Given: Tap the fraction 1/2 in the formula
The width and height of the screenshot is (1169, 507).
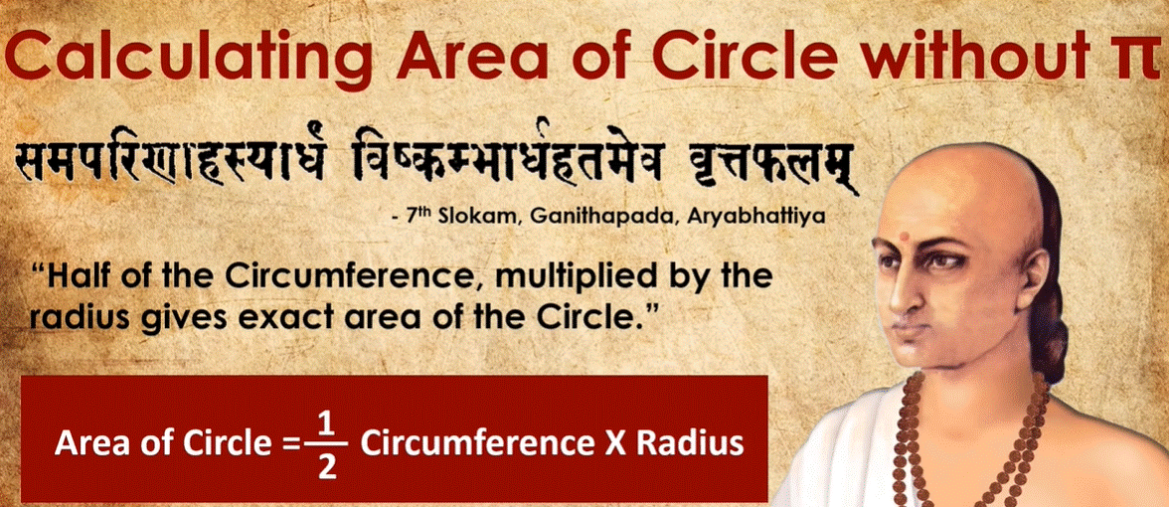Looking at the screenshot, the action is pos(322,445).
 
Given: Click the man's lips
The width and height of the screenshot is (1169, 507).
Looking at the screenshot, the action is pos(904,330).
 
